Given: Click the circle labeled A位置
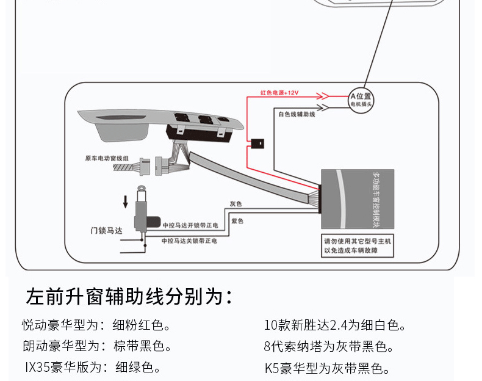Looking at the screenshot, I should coord(360,100).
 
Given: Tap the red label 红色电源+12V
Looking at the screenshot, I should coord(279,93).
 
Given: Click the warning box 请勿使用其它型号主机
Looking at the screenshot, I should coord(358,246).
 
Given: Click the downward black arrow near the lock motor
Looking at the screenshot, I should coord(126,201).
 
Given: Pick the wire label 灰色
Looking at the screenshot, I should coord(236,203).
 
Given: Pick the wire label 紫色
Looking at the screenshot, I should coord(237,220).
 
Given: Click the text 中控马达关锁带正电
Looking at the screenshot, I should coord(190,241).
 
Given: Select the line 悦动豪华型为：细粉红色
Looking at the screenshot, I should coord(96,325).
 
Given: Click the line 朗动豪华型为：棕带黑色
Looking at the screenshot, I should coord(96,346).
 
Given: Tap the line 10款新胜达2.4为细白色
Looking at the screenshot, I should coord(335,325).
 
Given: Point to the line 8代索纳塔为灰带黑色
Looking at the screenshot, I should coord(329,346).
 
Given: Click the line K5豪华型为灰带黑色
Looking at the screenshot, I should coord(326,368).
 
